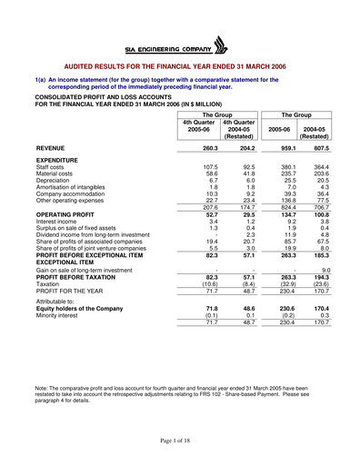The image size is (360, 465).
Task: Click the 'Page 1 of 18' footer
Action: [x=180, y=440]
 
